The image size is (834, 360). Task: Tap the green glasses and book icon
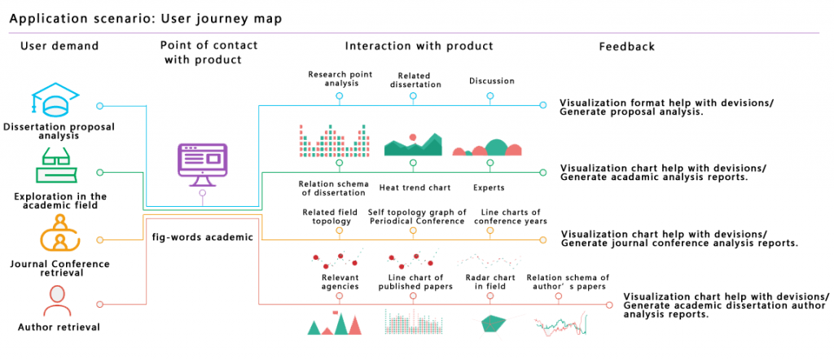click(55, 169)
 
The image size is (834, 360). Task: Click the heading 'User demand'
click(59, 46)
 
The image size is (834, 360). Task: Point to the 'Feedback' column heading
click(626, 46)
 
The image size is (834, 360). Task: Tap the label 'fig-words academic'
click(203, 237)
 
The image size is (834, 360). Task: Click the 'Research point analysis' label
click(340, 79)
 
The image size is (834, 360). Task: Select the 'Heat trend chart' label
click(415, 188)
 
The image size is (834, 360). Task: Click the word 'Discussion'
click(492, 81)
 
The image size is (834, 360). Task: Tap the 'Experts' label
click(489, 188)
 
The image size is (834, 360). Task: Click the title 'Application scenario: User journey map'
click(147, 18)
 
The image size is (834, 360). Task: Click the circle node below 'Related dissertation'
click(413, 96)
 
